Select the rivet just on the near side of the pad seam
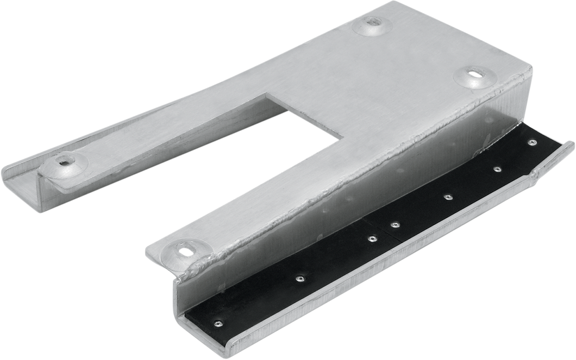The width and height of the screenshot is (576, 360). point(372,238)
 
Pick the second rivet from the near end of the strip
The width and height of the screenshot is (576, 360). point(298,279)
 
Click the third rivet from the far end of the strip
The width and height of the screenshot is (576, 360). point(447,196)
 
